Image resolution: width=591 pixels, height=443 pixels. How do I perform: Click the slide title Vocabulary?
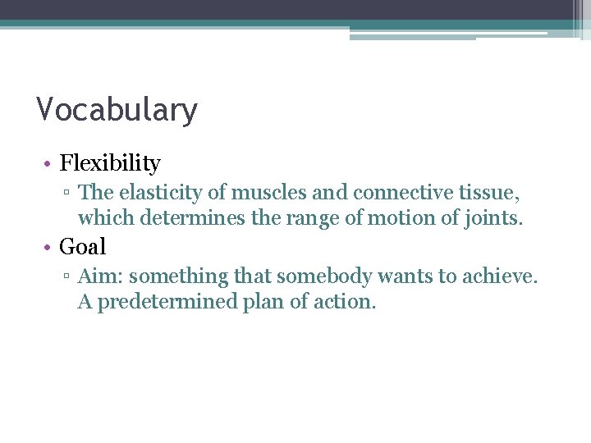(117, 110)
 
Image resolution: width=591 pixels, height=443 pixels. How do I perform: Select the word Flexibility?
(110, 163)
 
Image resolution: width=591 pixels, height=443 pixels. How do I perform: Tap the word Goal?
(83, 246)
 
